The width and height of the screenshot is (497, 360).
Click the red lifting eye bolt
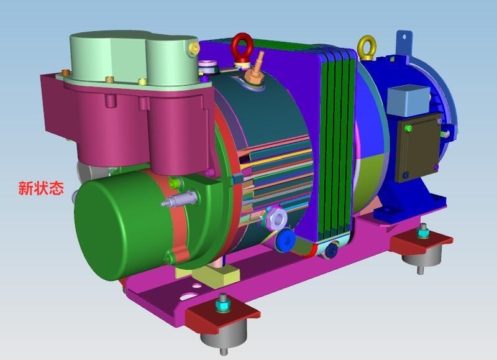point(241,47)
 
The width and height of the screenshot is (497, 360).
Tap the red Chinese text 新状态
point(41,188)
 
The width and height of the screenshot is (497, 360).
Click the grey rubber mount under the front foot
point(222,339)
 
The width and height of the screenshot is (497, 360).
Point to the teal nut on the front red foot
point(222,305)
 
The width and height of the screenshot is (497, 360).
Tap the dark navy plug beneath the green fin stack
point(332,250)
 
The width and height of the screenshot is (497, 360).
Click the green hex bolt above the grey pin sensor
point(176,183)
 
